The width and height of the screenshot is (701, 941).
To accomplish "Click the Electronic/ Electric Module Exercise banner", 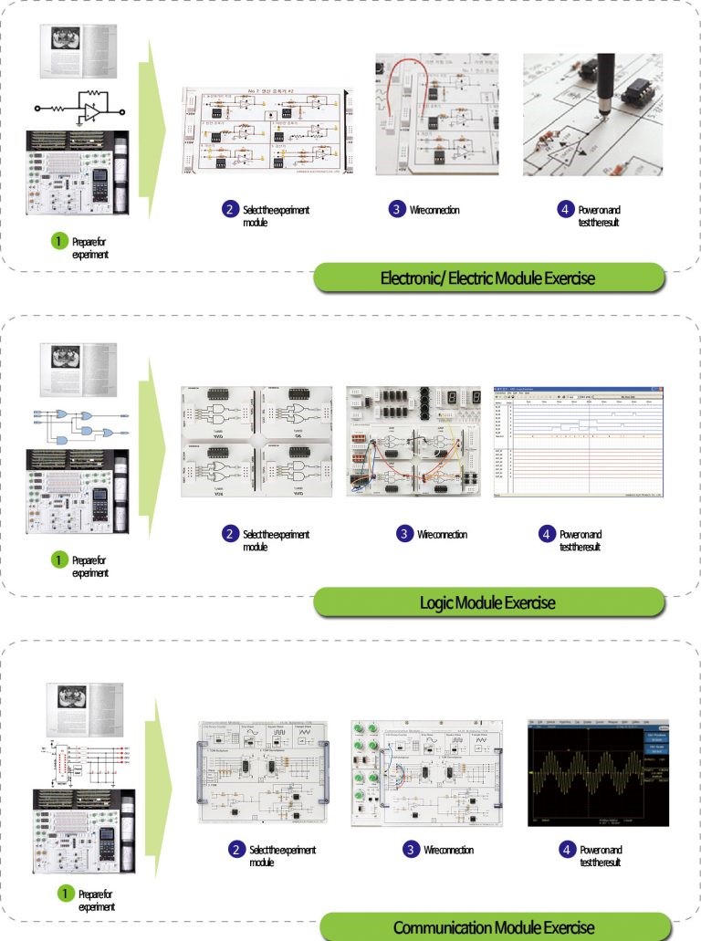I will point(487,277).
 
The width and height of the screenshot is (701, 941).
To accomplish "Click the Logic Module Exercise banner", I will point(487,602).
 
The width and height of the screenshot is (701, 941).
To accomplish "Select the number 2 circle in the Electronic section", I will point(230,210).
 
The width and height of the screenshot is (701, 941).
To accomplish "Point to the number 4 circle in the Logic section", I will point(547,534).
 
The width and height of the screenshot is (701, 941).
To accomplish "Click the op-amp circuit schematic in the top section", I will point(79,108).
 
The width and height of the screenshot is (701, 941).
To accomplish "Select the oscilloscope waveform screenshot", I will point(599,772).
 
